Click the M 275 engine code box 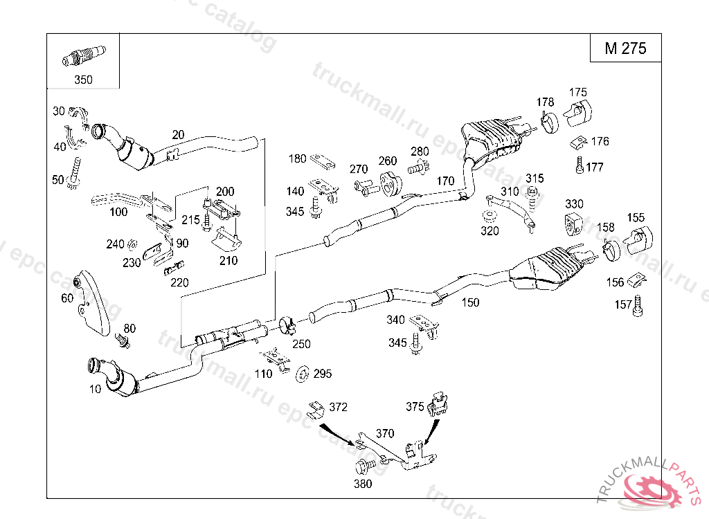[x=625, y=48]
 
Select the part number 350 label [x=83, y=80]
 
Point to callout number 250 [x=301, y=344]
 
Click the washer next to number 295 [x=303, y=374]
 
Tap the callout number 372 [x=338, y=407]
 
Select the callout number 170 [x=445, y=181]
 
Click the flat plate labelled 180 [x=323, y=161]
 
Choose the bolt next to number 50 [x=74, y=172]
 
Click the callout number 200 [x=225, y=191]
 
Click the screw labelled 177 [x=578, y=166]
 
